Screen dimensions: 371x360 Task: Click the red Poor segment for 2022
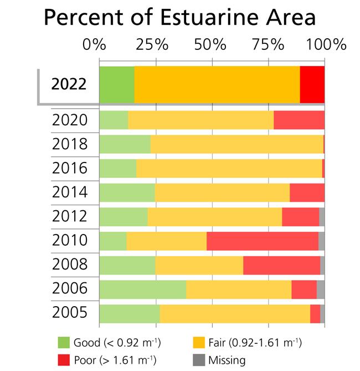[x=312, y=84]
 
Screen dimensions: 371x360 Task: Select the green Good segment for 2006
[x=143, y=289]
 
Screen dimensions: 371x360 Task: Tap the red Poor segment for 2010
[x=263, y=241]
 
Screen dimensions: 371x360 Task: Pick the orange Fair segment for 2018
[x=236, y=144]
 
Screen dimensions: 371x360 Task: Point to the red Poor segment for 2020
[x=299, y=120]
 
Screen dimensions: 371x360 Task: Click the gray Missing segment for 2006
[x=321, y=289]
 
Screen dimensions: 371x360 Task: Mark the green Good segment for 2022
[x=117, y=84]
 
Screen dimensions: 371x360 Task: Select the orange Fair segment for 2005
[x=235, y=313]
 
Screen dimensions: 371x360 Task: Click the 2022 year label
[x=69, y=85]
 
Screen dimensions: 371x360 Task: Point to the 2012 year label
[x=69, y=217]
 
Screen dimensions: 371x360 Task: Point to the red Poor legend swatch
[x=65, y=360]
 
